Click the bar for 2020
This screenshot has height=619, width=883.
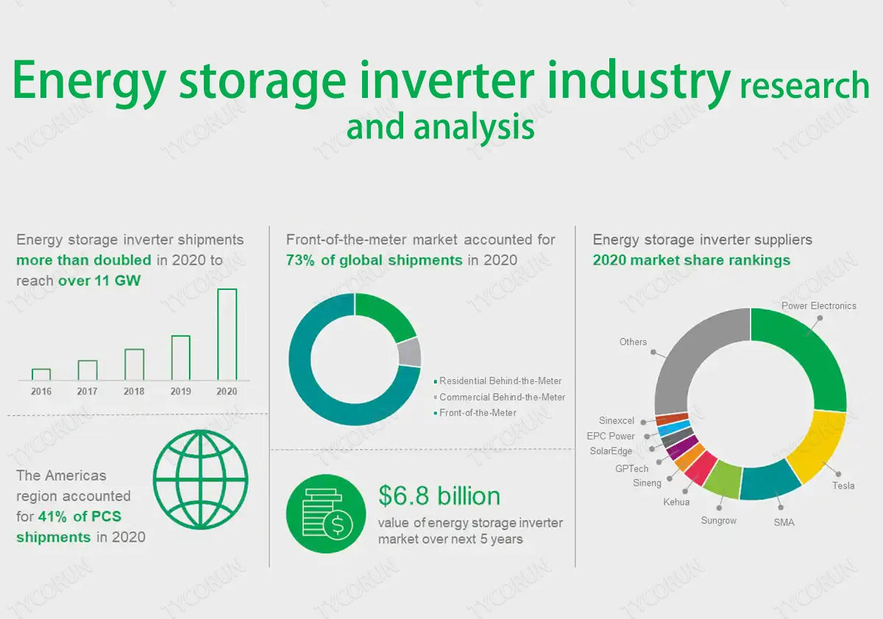coord(227,335)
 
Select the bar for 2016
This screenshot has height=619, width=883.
coord(41,375)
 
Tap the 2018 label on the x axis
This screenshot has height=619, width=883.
coord(134,392)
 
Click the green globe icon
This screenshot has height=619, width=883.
coord(200,480)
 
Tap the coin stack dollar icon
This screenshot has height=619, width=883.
coord(325,514)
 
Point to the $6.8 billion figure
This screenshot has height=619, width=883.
coord(439,495)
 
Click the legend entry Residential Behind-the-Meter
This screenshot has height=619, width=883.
coord(500,381)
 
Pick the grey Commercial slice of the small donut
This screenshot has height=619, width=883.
coord(410,353)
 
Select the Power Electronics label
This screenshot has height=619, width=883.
coord(818,305)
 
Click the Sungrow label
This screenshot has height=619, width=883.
coord(718,520)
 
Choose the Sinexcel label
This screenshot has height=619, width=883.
coord(616,421)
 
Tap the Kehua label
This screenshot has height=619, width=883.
coord(675,501)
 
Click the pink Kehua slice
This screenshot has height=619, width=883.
coord(700,468)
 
